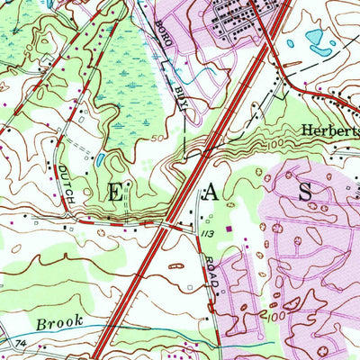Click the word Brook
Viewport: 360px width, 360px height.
pyautogui.click(x=59, y=320)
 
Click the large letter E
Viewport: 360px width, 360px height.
pyautogui.click(x=121, y=190)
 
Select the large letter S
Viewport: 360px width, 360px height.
pyautogui.click(x=304, y=191)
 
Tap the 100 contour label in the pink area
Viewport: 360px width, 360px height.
pyautogui.click(x=281, y=317)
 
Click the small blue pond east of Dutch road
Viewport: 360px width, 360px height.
pyautogui.click(x=101, y=161)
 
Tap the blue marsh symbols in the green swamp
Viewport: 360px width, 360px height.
pyautogui.click(x=117, y=72)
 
